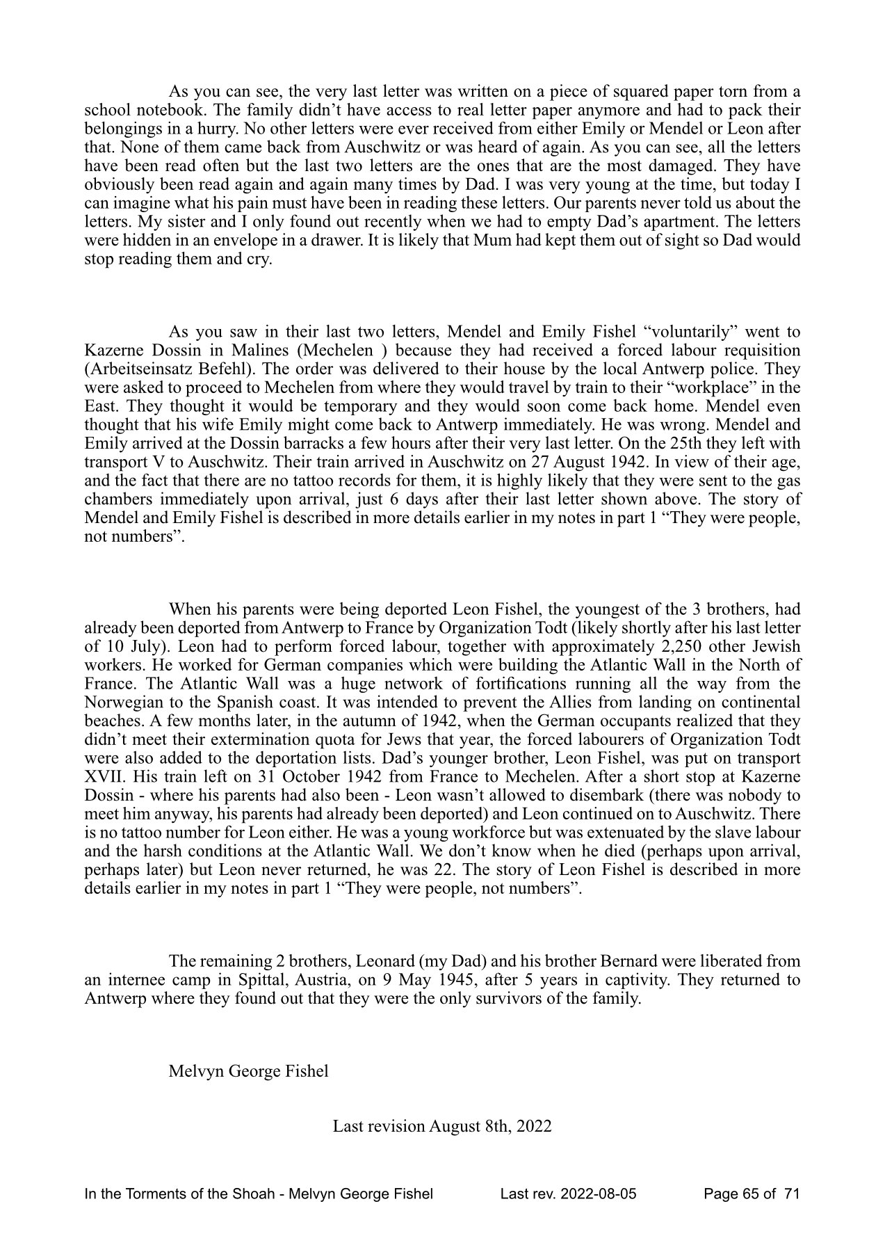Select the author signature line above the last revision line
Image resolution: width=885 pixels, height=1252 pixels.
click(248, 1071)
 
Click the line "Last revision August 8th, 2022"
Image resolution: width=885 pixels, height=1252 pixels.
click(442, 1126)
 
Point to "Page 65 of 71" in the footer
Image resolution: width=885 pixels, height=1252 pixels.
click(752, 1194)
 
